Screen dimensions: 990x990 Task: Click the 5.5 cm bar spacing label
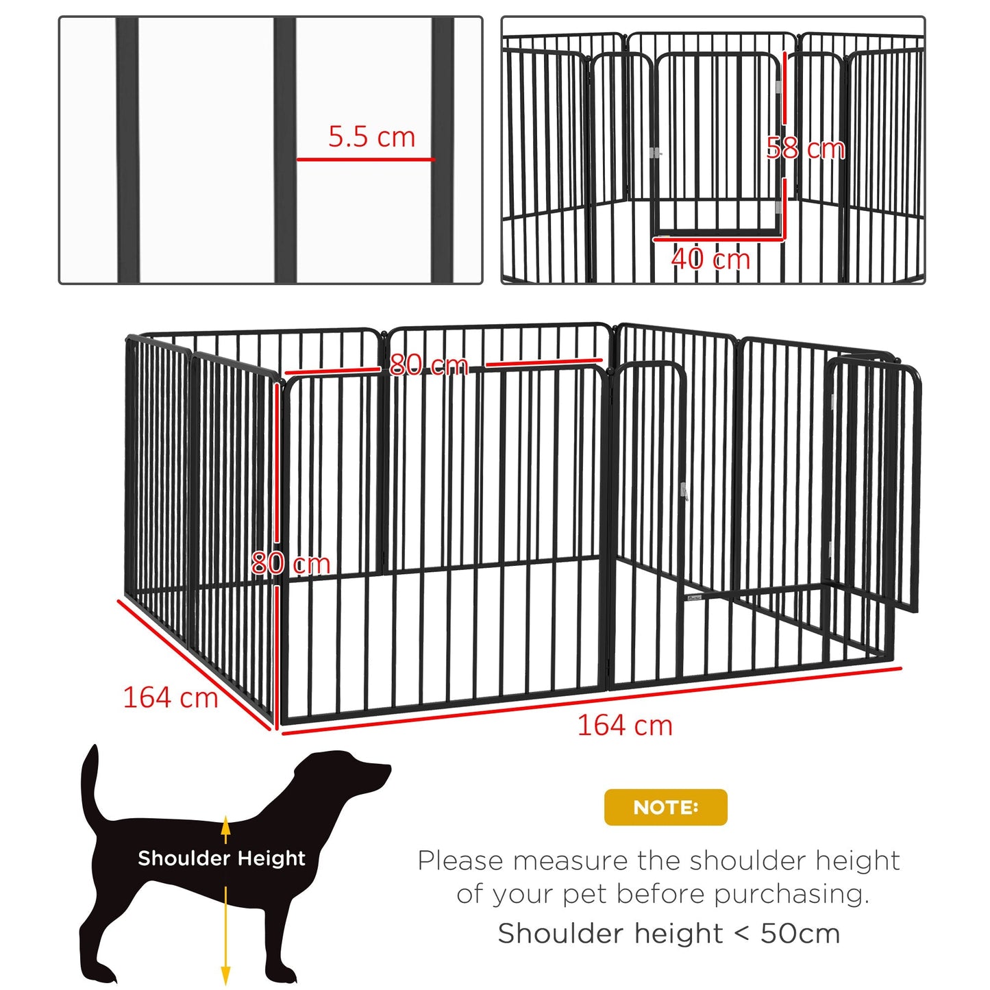[371, 136]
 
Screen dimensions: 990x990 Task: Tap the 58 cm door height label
[805, 148]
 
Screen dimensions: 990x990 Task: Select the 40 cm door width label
[710, 258]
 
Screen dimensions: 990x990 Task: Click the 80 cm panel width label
[429, 364]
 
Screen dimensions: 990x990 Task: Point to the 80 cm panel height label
[290, 563]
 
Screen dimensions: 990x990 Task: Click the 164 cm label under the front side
[624, 725]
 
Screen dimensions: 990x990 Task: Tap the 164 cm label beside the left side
[170, 697]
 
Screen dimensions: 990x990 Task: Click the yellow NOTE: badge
[665, 807]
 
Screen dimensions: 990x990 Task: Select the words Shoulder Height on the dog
[221, 858]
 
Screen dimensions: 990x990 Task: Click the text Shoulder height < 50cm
[669, 933]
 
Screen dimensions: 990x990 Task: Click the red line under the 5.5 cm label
[365, 160]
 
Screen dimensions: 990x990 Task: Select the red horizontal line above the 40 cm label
[717, 239]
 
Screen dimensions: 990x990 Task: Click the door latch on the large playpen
[683, 491]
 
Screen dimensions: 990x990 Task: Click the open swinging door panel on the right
[874, 480]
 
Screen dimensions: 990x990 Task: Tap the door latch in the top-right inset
[655, 153]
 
